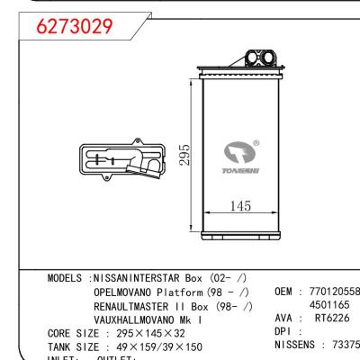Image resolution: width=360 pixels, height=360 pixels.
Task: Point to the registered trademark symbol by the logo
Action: (256, 142)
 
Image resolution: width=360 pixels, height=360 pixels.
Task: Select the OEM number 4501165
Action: (329, 306)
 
